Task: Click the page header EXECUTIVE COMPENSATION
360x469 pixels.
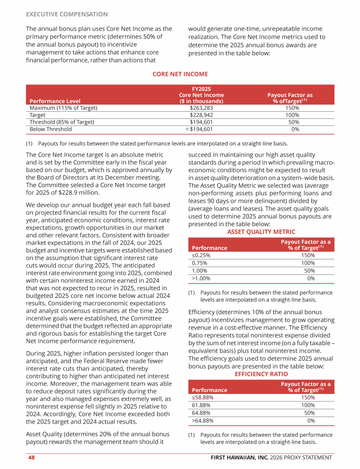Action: pos(67,15)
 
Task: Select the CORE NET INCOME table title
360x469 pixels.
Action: pos(180,74)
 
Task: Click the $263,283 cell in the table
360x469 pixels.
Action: pos(201,108)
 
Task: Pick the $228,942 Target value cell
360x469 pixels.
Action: pos(201,115)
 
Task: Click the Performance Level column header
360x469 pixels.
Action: pos(55,101)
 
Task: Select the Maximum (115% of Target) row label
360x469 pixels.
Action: pos(63,108)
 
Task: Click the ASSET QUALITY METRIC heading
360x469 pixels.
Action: pos(261,232)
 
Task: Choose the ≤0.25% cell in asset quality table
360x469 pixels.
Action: pos(201,256)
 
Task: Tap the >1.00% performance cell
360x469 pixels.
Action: pos(201,278)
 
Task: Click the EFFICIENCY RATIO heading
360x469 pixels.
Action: pos(261,374)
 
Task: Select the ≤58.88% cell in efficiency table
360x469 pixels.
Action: pos(202,398)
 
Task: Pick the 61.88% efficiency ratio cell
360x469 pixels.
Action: pos(202,405)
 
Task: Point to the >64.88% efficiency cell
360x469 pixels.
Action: pos(202,420)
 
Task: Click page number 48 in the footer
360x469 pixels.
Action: pos(31,457)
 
